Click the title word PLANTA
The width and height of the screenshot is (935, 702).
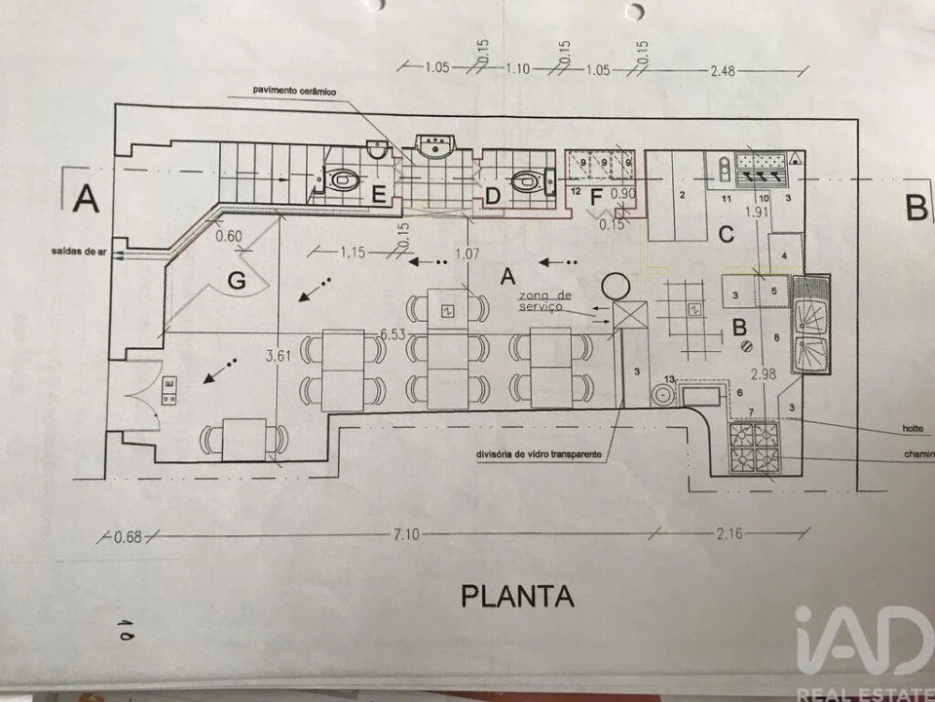click(x=516, y=595)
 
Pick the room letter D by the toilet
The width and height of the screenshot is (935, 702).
click(x=493, y=195)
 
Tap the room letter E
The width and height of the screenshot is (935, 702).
click(x=380, y=194)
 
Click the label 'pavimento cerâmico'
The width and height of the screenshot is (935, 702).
click(x=294, y=91)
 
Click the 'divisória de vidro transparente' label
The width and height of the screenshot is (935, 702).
click(x=538, y=454)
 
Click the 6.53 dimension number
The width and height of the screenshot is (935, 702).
click(x=392, y=334)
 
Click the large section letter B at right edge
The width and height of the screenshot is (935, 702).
click(x=916, y=206)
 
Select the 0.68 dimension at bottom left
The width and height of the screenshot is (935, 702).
click(x=129, y=536)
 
